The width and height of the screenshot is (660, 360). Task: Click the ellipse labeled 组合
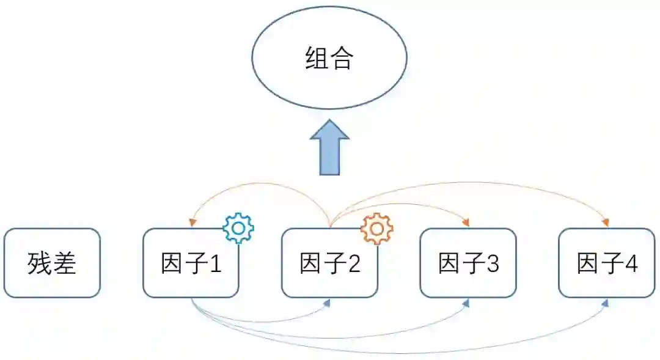point(329,59)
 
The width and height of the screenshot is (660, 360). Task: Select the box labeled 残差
point(52,263)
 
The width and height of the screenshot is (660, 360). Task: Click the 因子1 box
point(191,263)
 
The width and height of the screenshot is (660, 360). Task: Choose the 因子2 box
point(329,263)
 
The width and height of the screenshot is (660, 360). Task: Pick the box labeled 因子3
point(468,263)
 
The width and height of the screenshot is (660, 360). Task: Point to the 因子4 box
point(607,263)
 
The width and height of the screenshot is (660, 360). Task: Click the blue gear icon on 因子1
point(238,228)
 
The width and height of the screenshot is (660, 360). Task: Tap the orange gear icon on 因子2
point(377,228)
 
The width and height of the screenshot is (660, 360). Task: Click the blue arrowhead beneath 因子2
point(328,302)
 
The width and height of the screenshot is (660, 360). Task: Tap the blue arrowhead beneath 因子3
point(466,302)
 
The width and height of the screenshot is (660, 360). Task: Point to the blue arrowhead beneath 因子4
point(606,302)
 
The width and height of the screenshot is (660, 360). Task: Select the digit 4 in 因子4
point(631,263)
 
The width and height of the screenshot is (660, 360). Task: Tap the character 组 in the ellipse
point(316,59)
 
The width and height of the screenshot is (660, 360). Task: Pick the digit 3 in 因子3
point(493,263)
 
